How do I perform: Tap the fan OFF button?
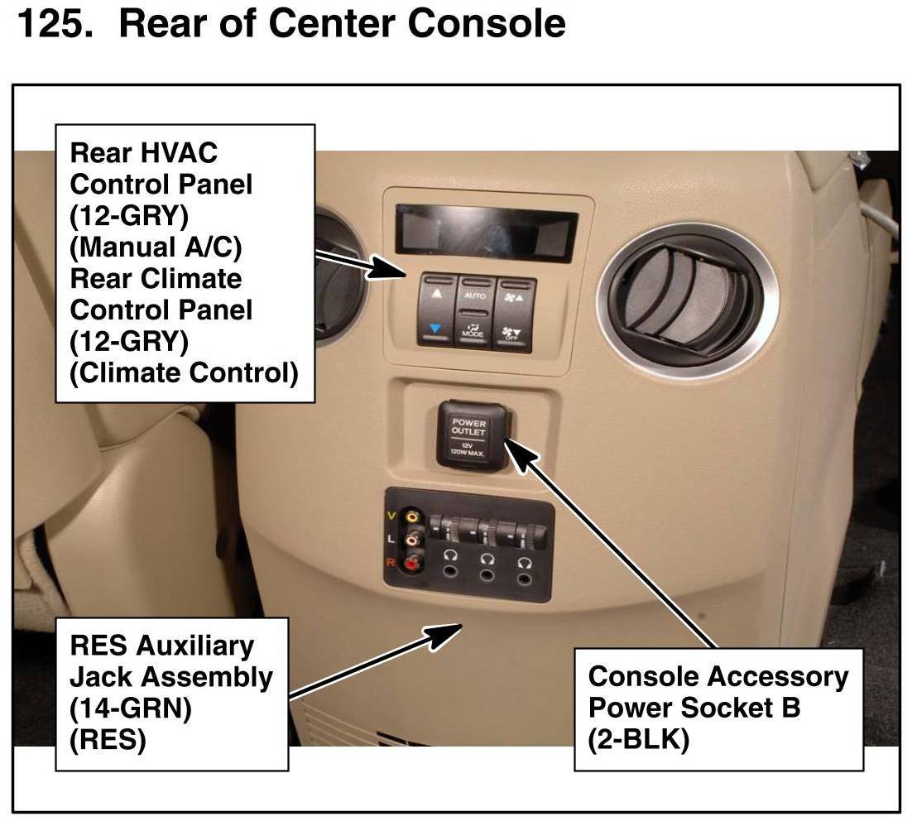[513, 333]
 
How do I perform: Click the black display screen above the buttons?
[486, 232]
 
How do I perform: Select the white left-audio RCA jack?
[413, 540]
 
